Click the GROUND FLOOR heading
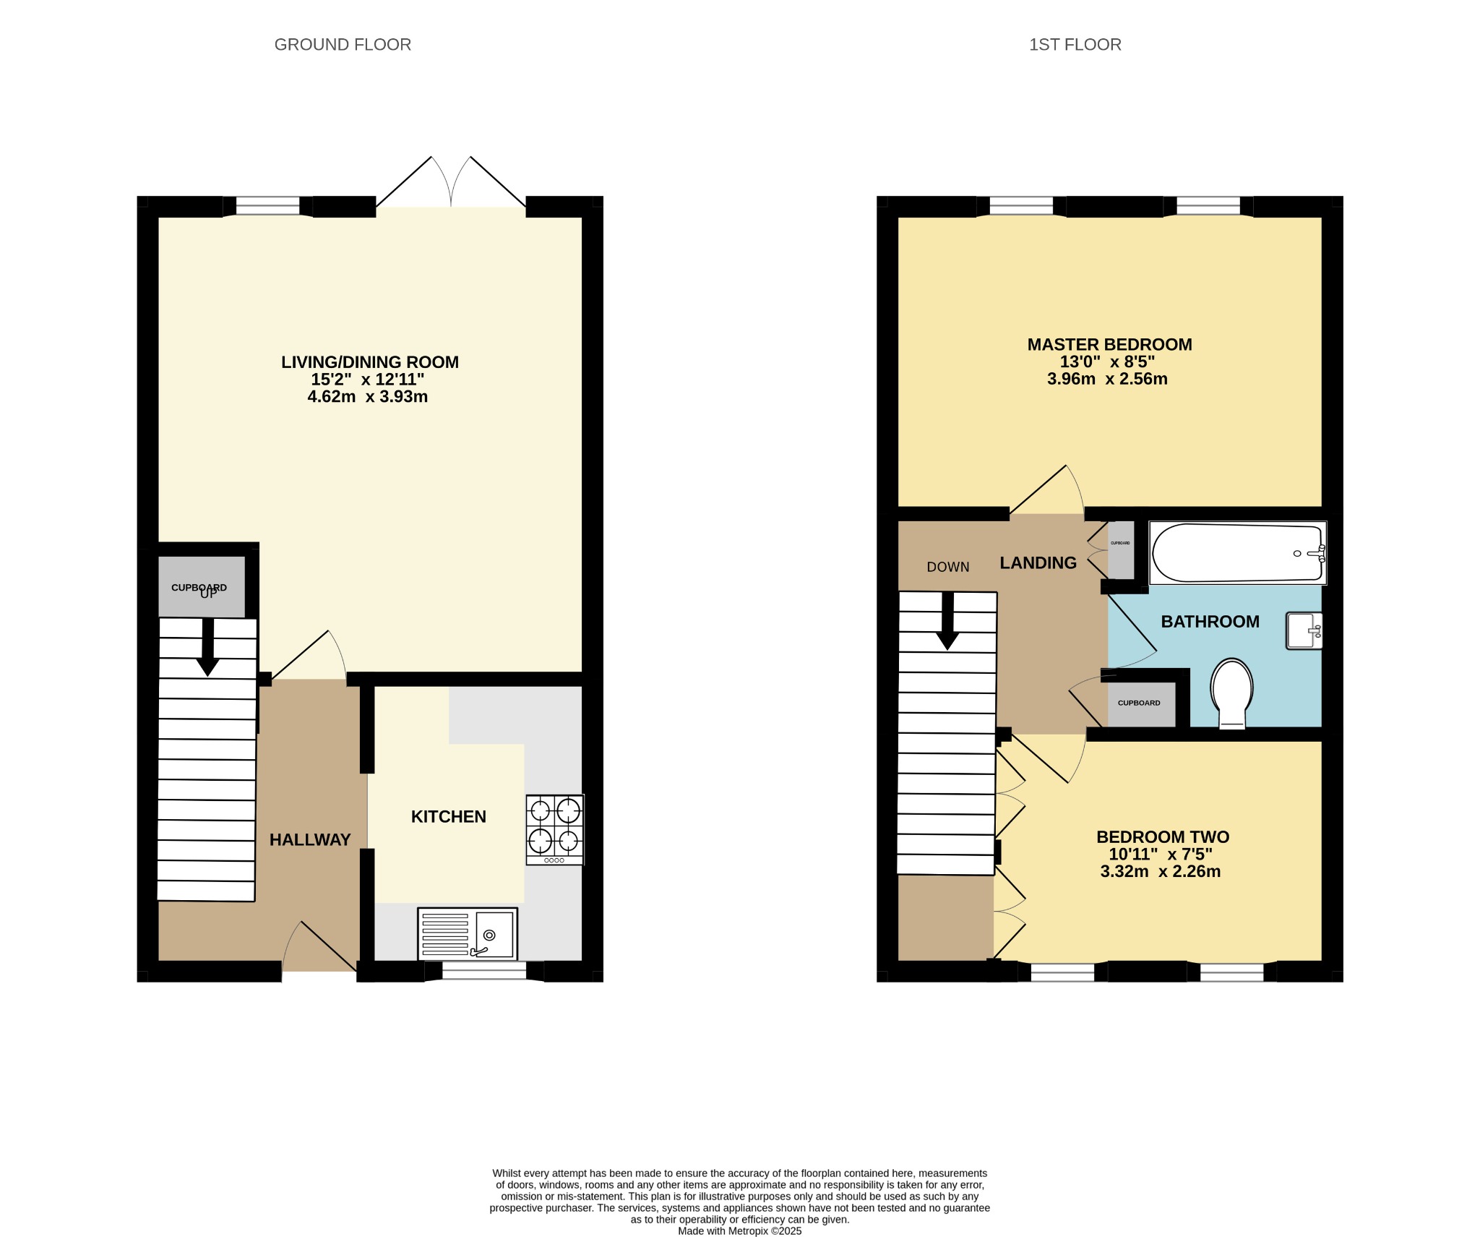coord(343,45)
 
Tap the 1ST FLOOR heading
coord(1075,45)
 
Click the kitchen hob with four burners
coord(555,829)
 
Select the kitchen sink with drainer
coord(468,933)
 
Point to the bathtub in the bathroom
coord(1237,553)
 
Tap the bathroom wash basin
coord(1304,630)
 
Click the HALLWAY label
coord(310,839)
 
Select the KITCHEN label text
coord(448,816)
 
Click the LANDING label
coord(1038,562)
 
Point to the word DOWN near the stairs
coord(947,568)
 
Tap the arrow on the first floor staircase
coord(947,622)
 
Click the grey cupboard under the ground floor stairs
coord(200,587)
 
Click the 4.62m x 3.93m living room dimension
coord(368,396)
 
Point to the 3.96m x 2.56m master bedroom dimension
coord(1107,379)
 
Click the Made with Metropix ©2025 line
coord(739,1230)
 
